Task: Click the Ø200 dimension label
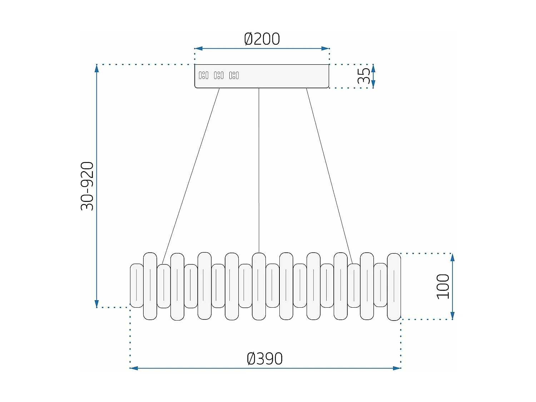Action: tap(262, 39)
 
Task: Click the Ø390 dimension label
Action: tap(264, 359)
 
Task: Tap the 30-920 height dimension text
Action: tap(87, 186)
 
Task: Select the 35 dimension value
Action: tap(364, 76)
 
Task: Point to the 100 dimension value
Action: tap(443, 286)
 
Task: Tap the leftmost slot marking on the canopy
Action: tap(203, 75)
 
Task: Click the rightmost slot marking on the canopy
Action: tap(234, 75)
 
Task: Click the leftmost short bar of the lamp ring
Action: tap(137, 286)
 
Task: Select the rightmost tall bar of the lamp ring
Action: tap(394, 287)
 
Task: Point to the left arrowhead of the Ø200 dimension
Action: tap(198, 48)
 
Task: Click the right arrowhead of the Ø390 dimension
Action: tap(397, 368)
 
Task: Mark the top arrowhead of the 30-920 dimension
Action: tap(96, 68)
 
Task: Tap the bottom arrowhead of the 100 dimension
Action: tap(452, 316)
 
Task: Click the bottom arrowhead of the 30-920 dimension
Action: tap(96, 304)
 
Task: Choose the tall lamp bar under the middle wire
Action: tap(259, 286)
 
